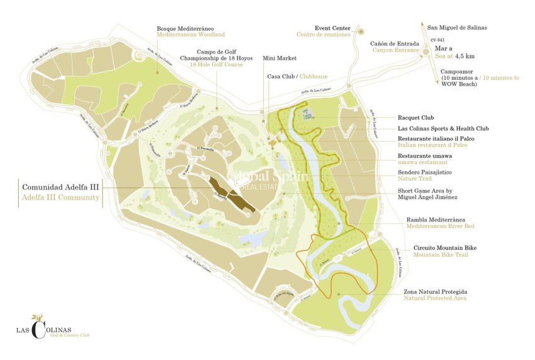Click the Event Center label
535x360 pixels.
coord(332,28)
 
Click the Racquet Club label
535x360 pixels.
coord(416,118)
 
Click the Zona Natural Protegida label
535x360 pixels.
coord(436,292)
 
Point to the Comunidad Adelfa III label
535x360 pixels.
coord(60,188)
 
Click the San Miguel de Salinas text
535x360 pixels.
coord(457,28)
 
